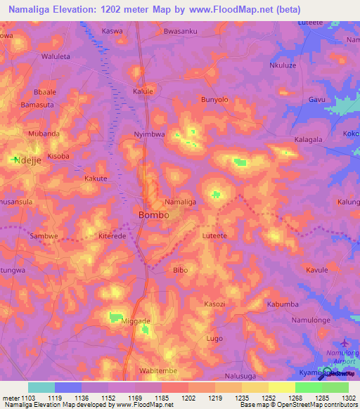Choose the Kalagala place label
(x=308, y=140)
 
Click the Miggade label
(x=136, y=321)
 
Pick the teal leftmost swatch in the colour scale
(x=41, y=387)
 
